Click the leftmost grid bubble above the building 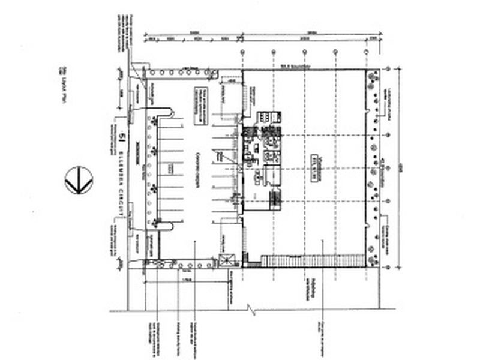242,53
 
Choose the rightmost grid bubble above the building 365,53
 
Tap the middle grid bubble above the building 304,53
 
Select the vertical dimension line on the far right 401,168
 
